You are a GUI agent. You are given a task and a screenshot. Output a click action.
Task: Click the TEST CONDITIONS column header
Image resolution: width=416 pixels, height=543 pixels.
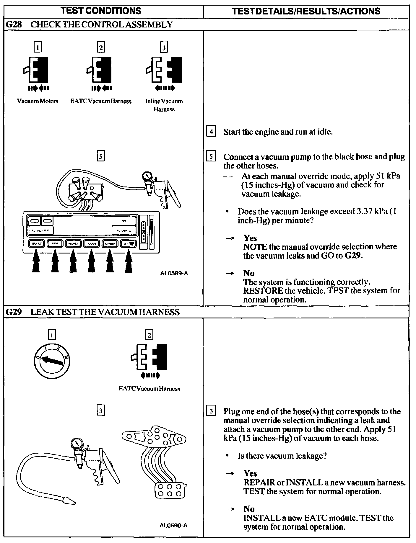tap(101, 11)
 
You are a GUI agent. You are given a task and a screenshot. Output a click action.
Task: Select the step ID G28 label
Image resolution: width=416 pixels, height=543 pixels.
tap(14, 24)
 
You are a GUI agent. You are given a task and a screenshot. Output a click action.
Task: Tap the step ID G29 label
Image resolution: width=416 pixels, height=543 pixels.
tap(14, 312)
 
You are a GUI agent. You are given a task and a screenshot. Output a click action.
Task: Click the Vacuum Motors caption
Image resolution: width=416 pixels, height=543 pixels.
tap(38, 101)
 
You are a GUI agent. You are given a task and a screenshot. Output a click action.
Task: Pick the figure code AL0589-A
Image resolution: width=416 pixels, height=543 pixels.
tap(174, 273)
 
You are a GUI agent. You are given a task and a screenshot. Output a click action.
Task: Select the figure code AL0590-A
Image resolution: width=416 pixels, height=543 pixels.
tap(173, 526)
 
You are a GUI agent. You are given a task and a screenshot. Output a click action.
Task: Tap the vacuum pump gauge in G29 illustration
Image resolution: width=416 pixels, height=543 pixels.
tap(77, 445)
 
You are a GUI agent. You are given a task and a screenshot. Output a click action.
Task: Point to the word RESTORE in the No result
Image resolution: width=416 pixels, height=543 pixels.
tap(263, 291)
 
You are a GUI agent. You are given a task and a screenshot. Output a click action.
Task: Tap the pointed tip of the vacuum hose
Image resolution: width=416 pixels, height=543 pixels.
tap(68, 501)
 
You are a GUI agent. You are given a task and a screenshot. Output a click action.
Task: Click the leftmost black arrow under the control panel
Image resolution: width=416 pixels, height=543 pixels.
tap(36, 261)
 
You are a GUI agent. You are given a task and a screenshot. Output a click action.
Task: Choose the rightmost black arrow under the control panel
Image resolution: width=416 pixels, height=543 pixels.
tap(128, 261)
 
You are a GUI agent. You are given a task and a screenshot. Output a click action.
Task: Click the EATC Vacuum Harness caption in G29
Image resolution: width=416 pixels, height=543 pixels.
tap(149, 389)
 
